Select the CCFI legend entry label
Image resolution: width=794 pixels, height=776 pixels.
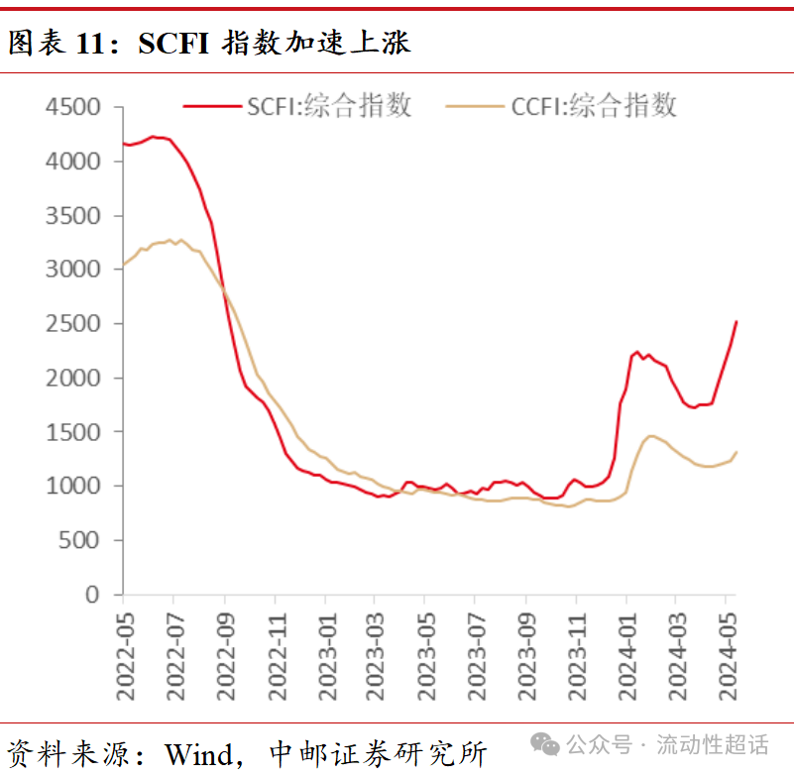tap(594, 105)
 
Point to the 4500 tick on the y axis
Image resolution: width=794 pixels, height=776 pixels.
tap(73, 107)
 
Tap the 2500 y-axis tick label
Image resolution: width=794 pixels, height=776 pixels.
tap(73, 324)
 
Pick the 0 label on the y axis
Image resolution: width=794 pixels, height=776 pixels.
tap(93, 595)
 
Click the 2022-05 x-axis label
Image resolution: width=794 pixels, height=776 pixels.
tap(125, 655)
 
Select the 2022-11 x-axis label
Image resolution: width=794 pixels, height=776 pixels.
tap(276, 655)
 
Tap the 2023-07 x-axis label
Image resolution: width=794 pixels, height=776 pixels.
tap(477, 655)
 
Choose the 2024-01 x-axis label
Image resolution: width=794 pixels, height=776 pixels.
tap(627, 655)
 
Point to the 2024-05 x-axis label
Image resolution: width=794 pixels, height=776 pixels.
tap(728, 655)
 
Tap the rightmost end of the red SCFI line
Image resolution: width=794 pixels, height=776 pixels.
tap(737, 321)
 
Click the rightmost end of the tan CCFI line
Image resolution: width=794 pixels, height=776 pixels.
tap(737, 452)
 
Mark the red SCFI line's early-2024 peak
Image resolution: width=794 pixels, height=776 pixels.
tap(637, 352)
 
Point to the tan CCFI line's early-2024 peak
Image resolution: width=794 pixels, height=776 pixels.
tap(651, 435)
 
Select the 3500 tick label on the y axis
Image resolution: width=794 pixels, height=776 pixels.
tap(73, 216)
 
